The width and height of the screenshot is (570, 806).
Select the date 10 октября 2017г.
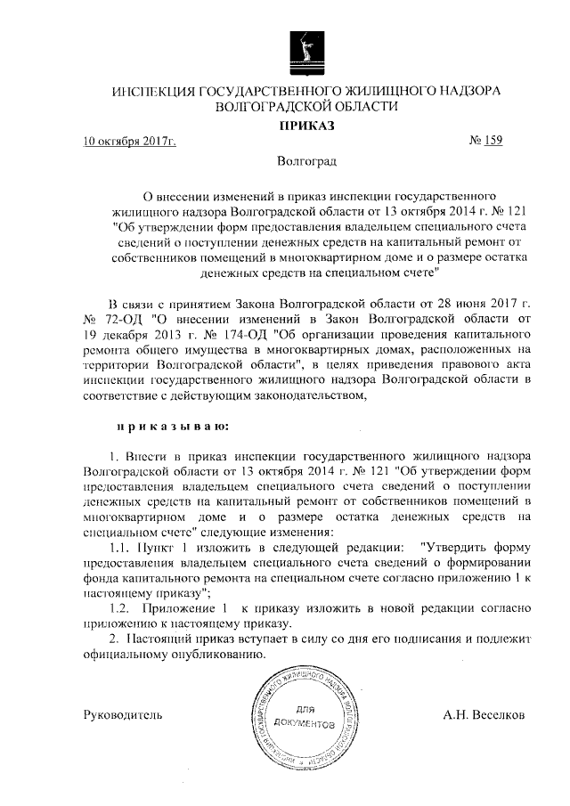[129, 142]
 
